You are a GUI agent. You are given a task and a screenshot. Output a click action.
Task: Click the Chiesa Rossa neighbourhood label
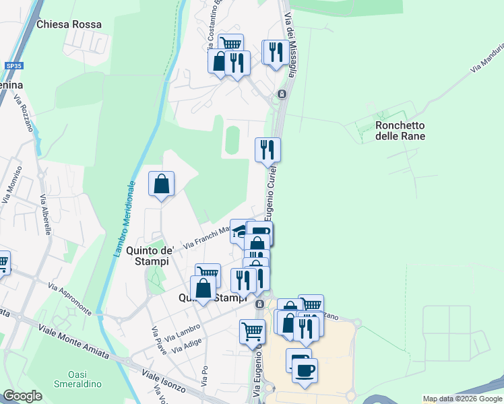69,24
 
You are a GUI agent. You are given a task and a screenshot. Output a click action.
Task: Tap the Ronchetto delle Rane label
400,131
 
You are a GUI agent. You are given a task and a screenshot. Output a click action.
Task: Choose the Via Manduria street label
487,58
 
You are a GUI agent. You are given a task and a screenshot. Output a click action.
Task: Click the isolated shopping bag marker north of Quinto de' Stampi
162,183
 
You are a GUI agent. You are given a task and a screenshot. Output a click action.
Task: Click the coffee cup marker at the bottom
305,369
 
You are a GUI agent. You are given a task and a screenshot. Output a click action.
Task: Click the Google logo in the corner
22,396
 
